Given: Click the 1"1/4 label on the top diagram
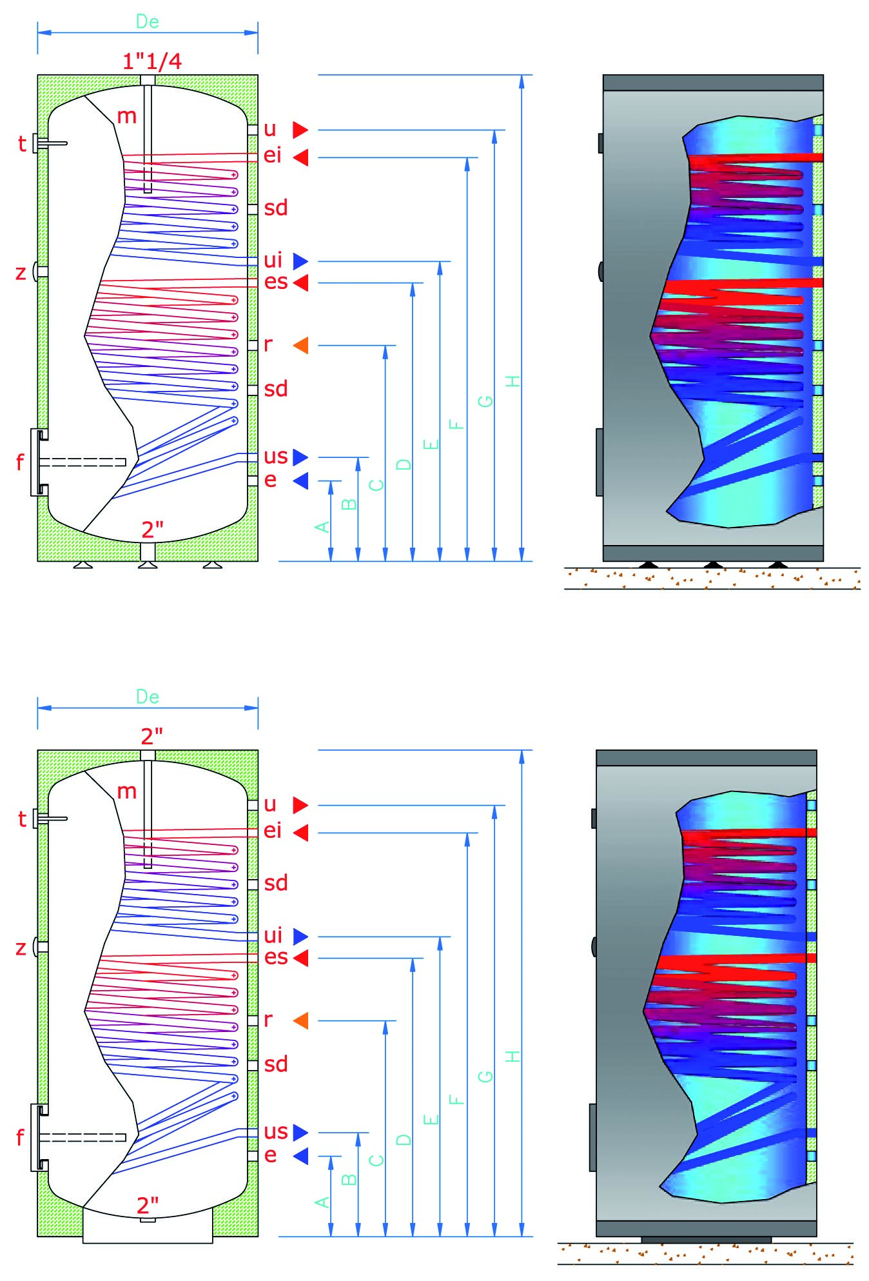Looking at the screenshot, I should pos(152,61).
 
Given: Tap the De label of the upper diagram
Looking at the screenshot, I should pos(147,22).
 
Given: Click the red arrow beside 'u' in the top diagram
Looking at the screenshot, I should pos(300,130).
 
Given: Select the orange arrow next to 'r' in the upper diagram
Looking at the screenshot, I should pos(301,346).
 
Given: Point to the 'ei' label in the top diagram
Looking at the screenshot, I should pos(273,155).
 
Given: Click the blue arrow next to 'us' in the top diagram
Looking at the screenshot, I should pos(300,457).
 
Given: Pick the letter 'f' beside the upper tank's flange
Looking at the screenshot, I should pos(20,462).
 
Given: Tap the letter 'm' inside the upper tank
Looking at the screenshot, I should pos(126,116).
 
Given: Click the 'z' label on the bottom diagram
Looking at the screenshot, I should pos(21,948).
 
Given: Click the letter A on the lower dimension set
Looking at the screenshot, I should pos(322,1202).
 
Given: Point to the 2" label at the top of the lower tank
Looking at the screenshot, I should pos(151,736).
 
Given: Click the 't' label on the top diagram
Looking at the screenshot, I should pos(22,144).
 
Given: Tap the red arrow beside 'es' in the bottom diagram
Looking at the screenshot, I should pos(301,958).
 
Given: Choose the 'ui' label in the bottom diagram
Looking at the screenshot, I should pos(273,935).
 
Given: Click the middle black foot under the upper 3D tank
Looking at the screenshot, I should pos(712,565).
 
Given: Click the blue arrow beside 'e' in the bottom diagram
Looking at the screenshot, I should pos(301,1156).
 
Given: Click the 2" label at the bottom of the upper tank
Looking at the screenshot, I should pos(151,530).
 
